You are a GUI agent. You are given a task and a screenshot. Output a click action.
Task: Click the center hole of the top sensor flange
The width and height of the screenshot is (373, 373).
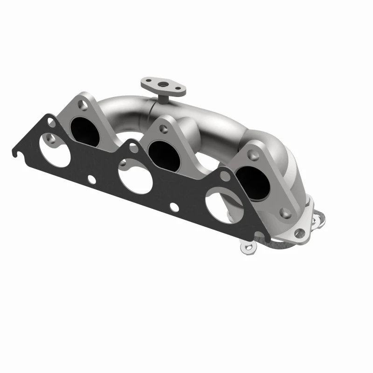[164, 85]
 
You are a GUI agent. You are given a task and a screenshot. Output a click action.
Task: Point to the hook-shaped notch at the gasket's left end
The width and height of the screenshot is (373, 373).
[19, 152]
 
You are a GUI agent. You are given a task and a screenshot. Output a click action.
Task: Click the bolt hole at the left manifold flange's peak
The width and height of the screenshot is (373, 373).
[83, 104]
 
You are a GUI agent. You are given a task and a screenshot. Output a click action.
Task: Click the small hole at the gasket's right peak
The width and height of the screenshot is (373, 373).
[225, 176]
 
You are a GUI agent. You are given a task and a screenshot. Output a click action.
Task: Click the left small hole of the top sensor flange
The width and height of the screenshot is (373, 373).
[148, 82]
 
